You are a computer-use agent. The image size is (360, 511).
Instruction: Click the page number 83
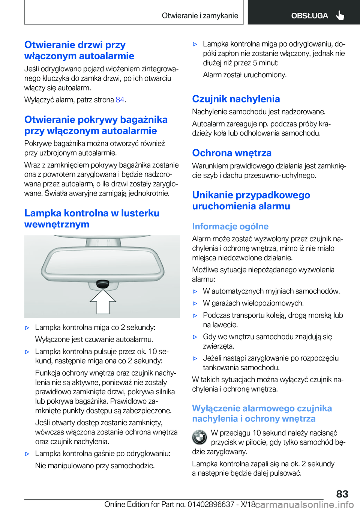point(342,494)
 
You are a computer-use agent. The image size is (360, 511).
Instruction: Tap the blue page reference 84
point(120,100)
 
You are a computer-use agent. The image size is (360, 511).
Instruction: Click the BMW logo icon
point(199,437)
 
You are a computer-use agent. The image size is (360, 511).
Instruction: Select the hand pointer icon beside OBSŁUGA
point(340,15)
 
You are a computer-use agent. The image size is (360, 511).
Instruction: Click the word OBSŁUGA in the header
point(309,16)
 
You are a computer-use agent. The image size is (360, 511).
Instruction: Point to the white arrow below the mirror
point(102,301)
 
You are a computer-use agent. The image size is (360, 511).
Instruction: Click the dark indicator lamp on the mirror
point(102,284)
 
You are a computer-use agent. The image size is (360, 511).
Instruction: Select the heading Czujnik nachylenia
point(236,99)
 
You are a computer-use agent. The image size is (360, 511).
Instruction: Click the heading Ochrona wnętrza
point(232,153)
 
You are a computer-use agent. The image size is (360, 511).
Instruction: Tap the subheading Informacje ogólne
point(230,227)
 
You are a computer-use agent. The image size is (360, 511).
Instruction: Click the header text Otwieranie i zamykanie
point(200,16)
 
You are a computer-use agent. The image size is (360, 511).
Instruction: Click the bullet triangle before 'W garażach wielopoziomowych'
point(195,304)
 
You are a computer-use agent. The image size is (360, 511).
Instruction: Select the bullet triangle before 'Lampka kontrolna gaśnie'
point(27,454)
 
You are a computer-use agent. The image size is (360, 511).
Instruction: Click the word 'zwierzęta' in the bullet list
point(219,346)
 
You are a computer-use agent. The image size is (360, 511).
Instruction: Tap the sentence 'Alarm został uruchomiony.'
point(244,75)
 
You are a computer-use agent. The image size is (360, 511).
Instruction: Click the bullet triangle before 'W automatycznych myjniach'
point(195,292)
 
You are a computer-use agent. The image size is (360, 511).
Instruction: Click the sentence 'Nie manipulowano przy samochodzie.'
point(95,466)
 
